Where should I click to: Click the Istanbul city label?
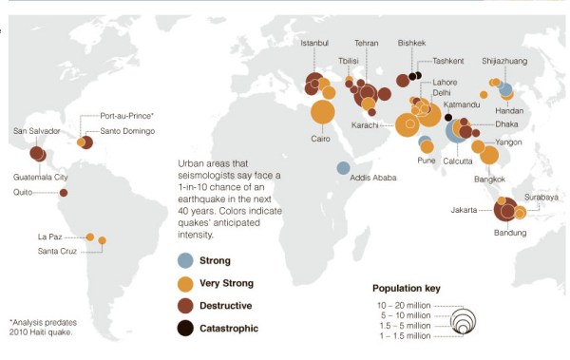click(313, 44)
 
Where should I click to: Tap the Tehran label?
click(366, 44)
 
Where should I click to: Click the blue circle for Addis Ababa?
click(343, 168)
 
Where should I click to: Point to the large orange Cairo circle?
click(322, 113)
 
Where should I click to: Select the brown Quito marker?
click(64, 193)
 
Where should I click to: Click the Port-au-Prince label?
click(126, 115)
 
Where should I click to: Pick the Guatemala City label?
click(40, 178)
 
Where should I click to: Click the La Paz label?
click(49, 236)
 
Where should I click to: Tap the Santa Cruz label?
click(60, 251)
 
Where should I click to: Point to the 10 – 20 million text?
click(403, 304)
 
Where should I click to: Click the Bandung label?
click(509, 233)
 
